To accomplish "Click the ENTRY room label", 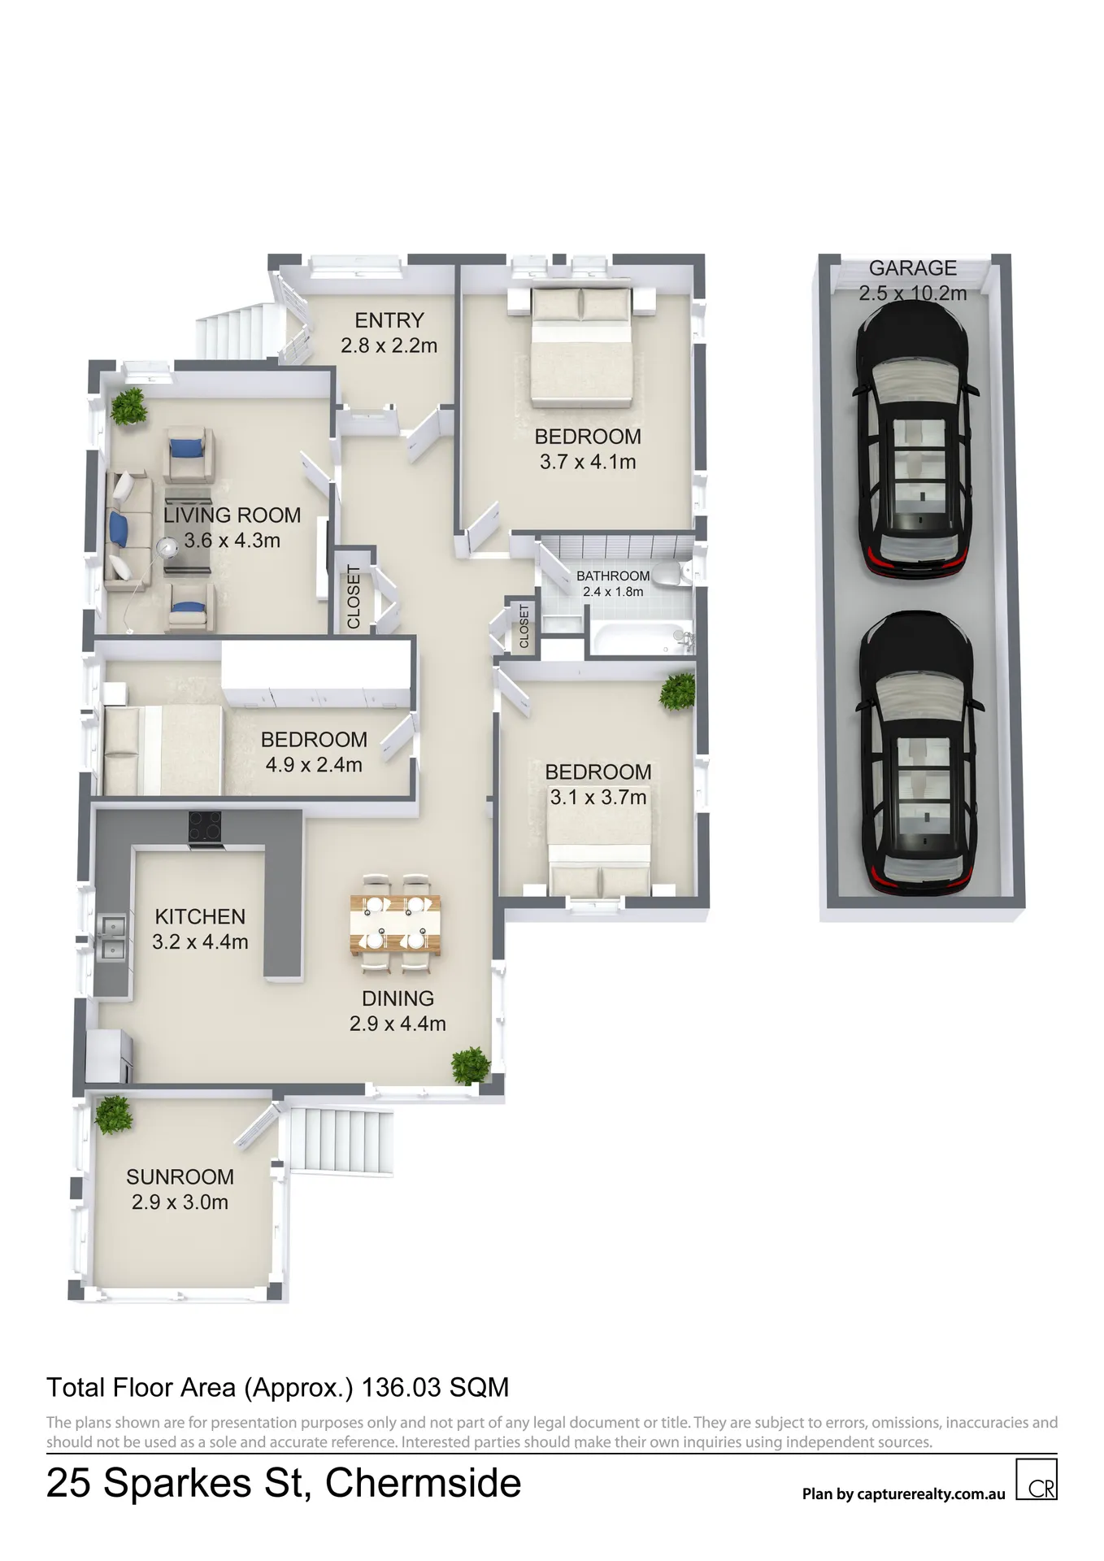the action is pyautogui.click(x=389, y=320).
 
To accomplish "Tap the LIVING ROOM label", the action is pyautogui.click(x=232, y=515).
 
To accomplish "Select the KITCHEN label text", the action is pyautogui.click(x=200, y=917).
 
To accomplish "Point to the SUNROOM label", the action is pyautogui.click(x=180, y=1177).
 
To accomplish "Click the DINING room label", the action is pyautogui.click(x=398, y=998).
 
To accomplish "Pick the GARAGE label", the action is pyautogui.click(x=912, y=268).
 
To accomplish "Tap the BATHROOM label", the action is pyautogui.click(x=613, y=576).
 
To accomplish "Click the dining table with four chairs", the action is pyautogui.click(x=396, y=924).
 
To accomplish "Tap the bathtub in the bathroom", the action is pyautogui.click(x=641, y=639).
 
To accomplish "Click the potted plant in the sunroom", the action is pyautogui.click(x=113, y=1115).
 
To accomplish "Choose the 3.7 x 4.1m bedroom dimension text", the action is pyautogui.click(x=588, y=462).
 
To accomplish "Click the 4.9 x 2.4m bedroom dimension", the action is pyautogui.click(x=314, y=765).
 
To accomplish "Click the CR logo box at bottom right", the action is pyautogui.click(x=1037, y=1479).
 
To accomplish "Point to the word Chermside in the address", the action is pyautogui.click(x=423, y=1483).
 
